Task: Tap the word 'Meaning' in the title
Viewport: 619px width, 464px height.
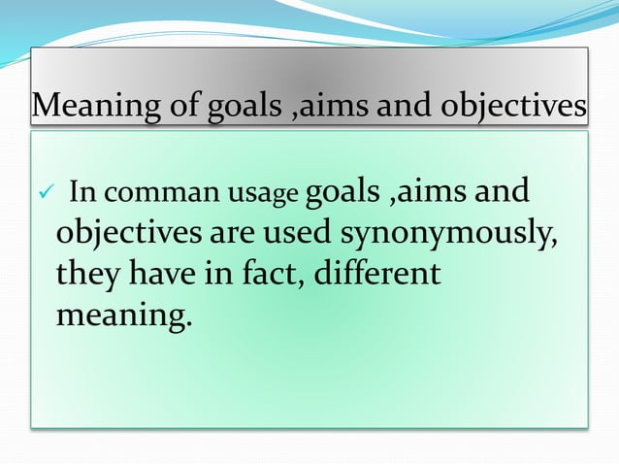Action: click(89, 106)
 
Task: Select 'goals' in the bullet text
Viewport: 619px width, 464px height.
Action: click(342, 189)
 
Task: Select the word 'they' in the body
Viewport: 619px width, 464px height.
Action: click(87, 275)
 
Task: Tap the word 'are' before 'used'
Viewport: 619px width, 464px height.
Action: click(235, 233)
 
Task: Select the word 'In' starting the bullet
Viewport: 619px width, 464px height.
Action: click(81, 193)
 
